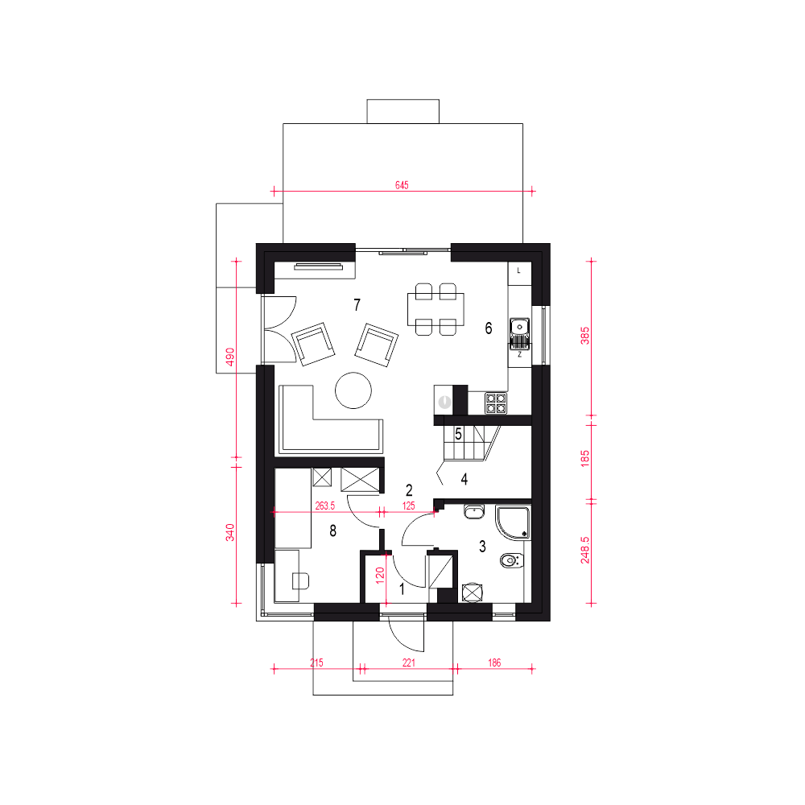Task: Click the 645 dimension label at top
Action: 402,185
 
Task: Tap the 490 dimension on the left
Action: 230,357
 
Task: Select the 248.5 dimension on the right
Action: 584,551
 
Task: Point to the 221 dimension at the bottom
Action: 409,663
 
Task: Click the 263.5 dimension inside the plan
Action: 325,506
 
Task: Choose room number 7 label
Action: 357,305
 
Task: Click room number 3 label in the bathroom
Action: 482,547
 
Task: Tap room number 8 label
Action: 332,530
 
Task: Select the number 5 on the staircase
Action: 458,435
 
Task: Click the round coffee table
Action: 353,390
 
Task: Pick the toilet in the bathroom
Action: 512,560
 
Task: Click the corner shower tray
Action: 513,522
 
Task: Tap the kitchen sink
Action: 519,332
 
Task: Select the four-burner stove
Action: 496,403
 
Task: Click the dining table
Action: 436,309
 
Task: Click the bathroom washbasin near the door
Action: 474,511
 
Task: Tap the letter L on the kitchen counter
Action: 519,270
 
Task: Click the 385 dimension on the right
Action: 584,336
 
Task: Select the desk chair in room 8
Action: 300,580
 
